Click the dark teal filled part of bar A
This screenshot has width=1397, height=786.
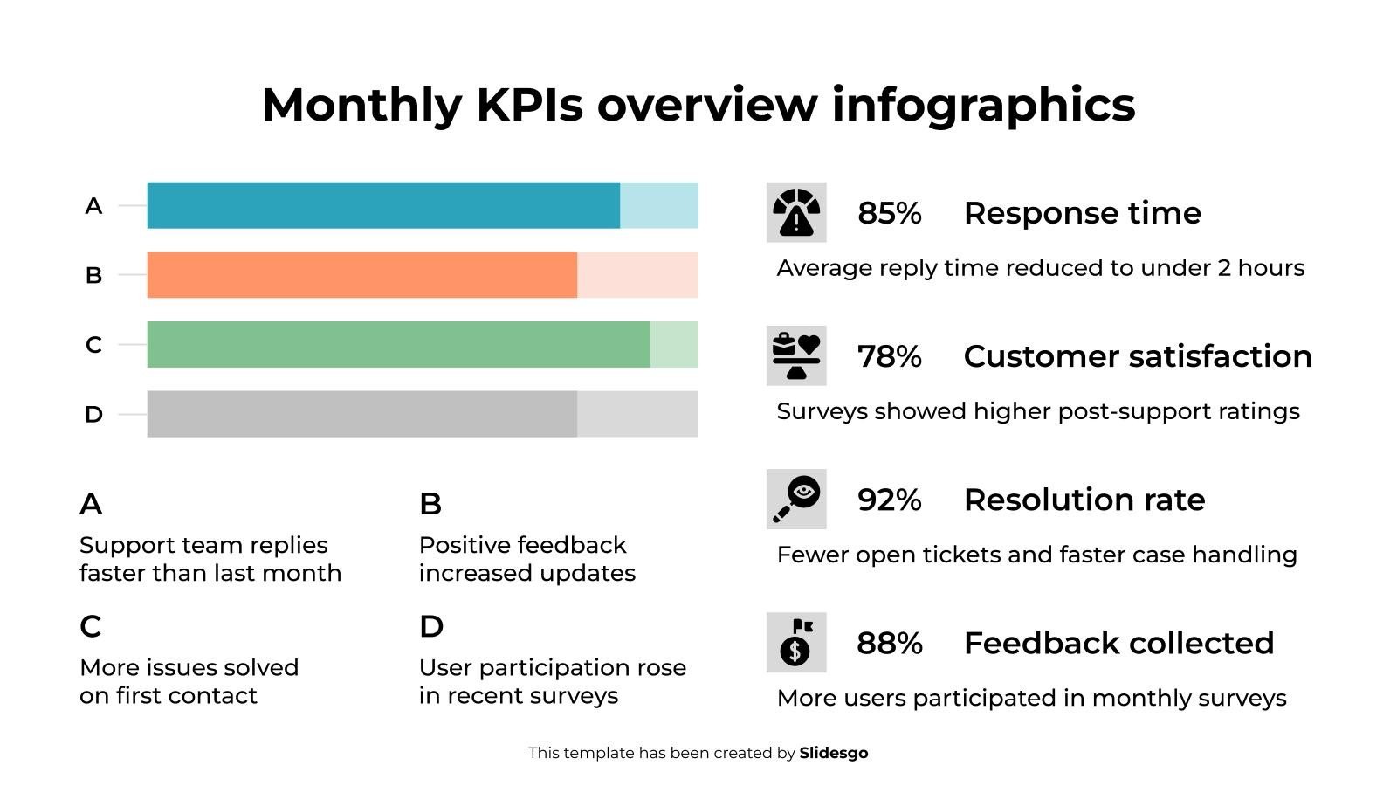point(383,205)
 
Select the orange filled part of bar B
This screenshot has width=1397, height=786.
point(361,275)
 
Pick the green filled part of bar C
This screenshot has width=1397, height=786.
point(398,344)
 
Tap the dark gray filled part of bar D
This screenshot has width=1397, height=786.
point(361,414)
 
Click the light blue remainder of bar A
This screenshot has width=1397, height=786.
point(659,205)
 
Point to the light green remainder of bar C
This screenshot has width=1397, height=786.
point(674,344)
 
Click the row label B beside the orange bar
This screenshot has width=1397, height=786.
point(93,276)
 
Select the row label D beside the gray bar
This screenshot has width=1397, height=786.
point(93,415)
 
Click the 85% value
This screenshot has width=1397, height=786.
point(889,213)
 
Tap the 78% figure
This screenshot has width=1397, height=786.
point(889,356)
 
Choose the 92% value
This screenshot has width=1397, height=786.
point(889,500)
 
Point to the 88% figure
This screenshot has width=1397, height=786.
point(889,644)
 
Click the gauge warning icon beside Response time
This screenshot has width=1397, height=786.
point(796,212)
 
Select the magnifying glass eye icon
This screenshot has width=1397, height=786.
point(796,499)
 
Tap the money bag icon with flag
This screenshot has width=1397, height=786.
point(796,642)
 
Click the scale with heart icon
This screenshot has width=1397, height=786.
point(796,355)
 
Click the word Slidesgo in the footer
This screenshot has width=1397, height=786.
point(834,753)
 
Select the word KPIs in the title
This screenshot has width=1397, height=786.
point(529,105)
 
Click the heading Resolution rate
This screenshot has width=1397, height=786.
point(1084,500)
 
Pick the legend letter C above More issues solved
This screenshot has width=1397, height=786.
point(91,626)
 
